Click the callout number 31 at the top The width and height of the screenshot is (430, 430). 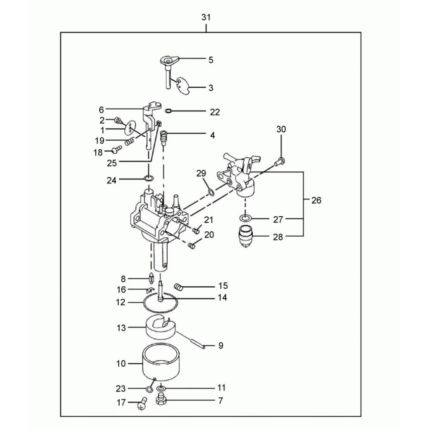coord(206,17)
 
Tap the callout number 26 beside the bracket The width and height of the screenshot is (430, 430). coord(316,200)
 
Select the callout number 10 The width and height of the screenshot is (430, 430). coord(121,364)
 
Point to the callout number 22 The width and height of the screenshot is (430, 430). coord(215,112)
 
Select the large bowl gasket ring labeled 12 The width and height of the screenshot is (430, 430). coord(161,302)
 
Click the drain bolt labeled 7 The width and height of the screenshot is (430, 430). coord(161,399)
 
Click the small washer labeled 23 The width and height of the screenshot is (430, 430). coord(149,389)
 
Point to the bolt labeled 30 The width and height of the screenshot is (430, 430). coord(280,162)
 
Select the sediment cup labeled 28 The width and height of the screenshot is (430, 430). coord(246,236)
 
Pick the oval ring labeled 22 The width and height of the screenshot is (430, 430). coord(168,111)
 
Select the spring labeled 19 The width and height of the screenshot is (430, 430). coord(129,141)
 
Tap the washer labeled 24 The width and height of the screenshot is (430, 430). coord(148,179)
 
